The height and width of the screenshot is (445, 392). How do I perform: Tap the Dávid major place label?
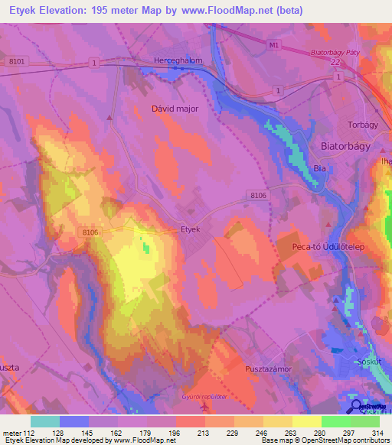coord(175,109)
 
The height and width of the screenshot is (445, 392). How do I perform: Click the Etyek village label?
coord(189,229)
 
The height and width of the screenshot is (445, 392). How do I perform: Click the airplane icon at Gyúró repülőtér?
coord(204,407)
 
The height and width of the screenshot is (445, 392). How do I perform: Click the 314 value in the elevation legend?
coord(380,431)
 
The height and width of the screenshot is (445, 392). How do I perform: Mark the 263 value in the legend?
coord(292,431)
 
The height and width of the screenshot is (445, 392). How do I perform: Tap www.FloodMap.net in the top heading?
coord(230,11)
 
